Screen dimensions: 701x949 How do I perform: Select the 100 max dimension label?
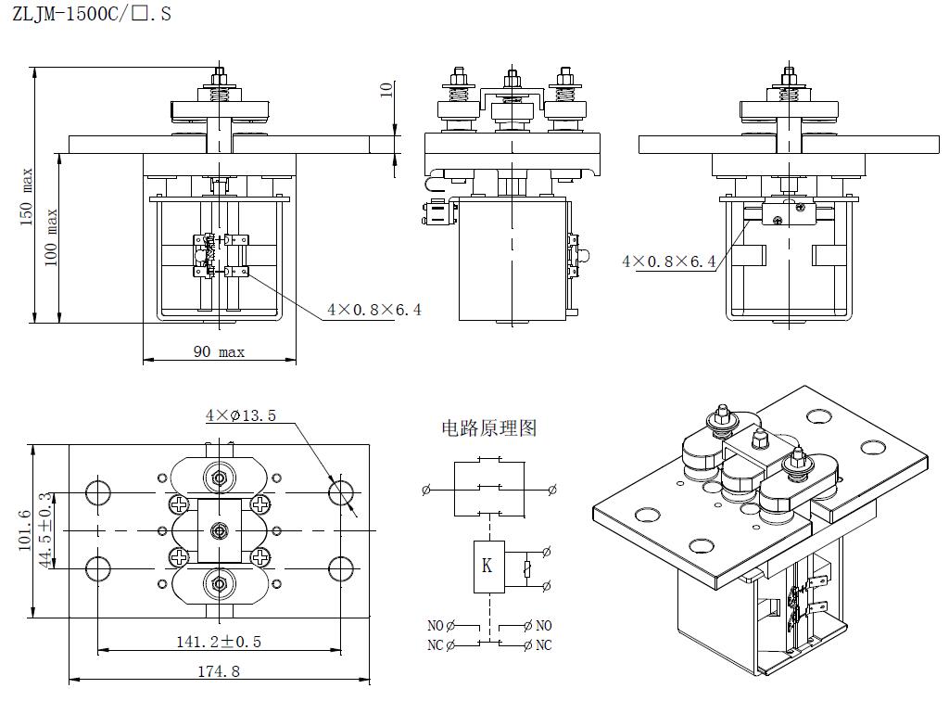[x=52, y=236]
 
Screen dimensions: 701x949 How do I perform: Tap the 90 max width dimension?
[x=219, y=352]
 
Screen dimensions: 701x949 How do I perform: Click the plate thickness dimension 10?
[x=387, y=89]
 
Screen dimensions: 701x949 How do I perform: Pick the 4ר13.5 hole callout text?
[x=241, y=415]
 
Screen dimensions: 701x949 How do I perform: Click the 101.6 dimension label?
[x=25, y=530]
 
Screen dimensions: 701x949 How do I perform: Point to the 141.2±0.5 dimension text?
[x=219, y=641]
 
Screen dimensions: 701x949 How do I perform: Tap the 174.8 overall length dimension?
[x=220, y=671]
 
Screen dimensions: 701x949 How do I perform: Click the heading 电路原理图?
[x=488, y=428]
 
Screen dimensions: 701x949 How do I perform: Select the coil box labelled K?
[x=487, y=564]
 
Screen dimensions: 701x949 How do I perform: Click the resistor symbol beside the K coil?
[x=527, y=568]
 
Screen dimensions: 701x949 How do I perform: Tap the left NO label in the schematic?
[x=437, y=626]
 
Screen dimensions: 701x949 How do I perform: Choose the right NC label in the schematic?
[x=543, y=645]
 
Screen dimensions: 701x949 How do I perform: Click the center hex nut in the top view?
[x=220, y=530]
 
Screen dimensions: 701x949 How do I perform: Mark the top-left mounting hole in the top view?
[x=98, y=491]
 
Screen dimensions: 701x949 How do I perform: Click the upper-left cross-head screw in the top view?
[x=178, y=504]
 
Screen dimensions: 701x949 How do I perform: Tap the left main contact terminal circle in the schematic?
[x=426, y=490]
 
